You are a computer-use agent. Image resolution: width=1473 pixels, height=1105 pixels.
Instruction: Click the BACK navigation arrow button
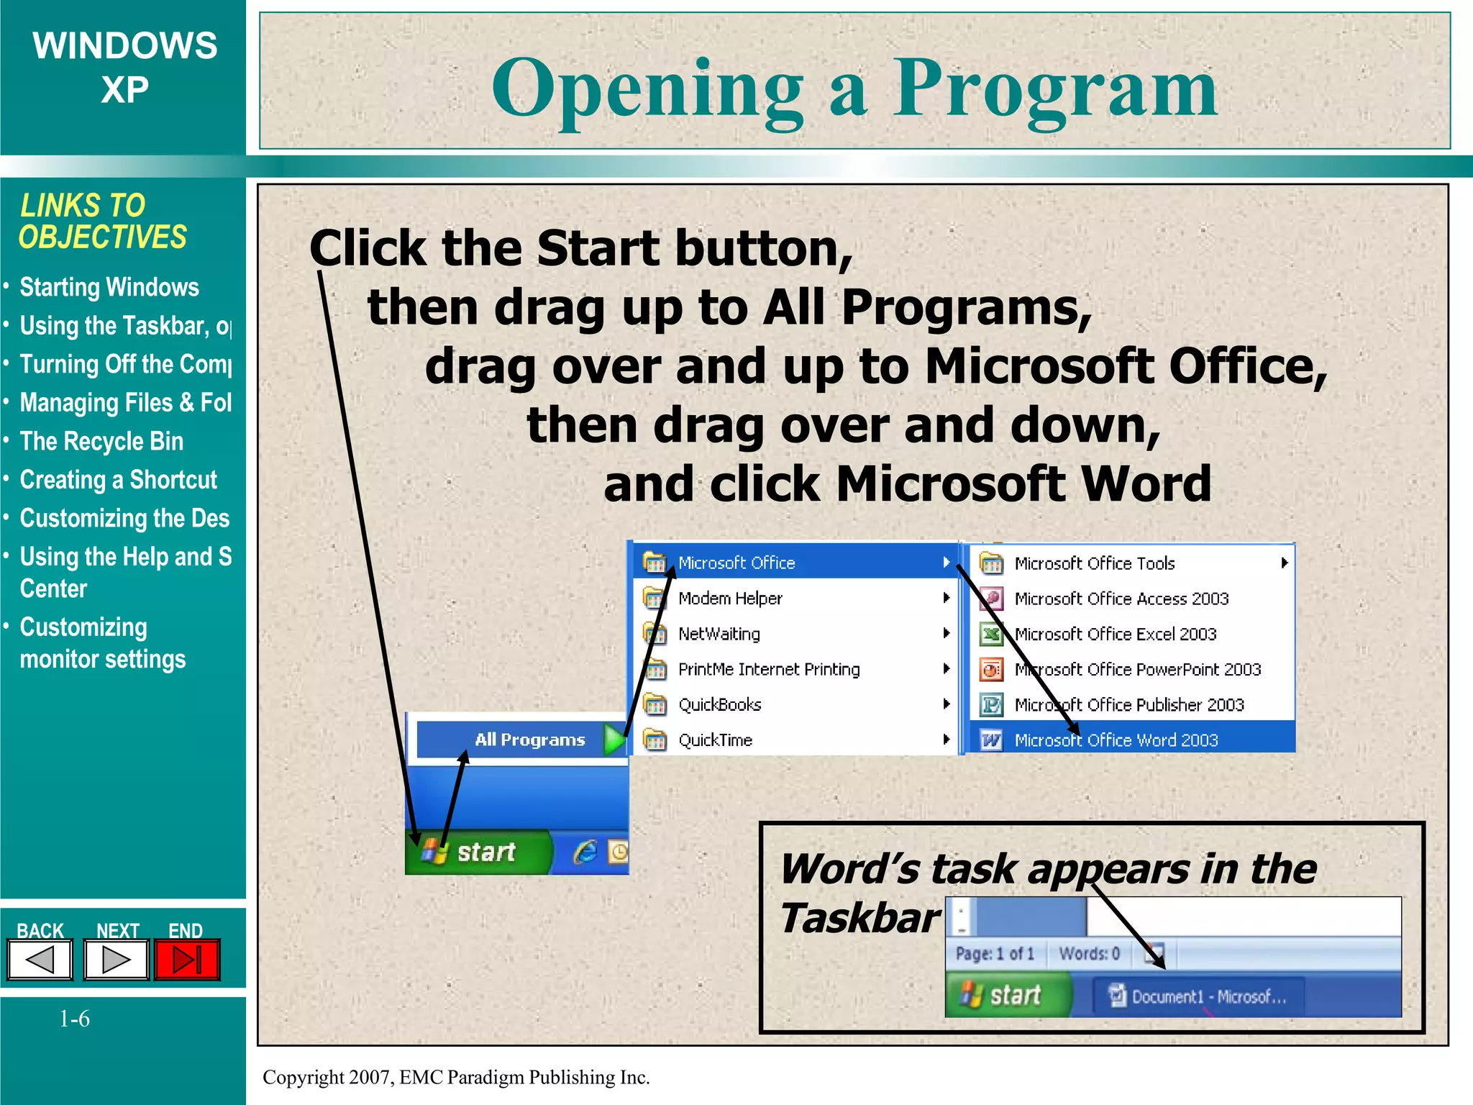coord(40,960)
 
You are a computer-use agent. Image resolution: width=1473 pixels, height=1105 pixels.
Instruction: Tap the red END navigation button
coord(186,960)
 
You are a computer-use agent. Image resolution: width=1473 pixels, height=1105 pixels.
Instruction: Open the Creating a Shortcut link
coord(118,480)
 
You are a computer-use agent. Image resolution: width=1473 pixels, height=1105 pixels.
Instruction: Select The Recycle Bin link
coord(101,441)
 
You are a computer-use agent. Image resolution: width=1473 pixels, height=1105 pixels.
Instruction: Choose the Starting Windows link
coord(109,287)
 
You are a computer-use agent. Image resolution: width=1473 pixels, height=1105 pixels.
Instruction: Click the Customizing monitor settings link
coord(102,643)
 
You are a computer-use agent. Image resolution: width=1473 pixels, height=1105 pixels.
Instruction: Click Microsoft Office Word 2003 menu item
coord(1116,740)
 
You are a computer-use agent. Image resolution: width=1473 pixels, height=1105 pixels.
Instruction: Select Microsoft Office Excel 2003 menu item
coord(1115,634)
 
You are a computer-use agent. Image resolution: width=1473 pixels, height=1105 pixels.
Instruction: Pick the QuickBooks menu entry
coord(719,704)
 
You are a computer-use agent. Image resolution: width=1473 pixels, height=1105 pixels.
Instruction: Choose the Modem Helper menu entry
coord(729,598)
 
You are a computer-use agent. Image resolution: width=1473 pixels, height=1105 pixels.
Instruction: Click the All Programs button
coord(529,740)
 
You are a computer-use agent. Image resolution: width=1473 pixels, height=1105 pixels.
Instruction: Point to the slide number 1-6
coord(74,1019)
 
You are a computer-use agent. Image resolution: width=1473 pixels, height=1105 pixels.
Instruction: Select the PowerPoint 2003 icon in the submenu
coord(992,670)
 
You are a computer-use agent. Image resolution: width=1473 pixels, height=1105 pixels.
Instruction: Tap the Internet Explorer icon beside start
coord(585,852)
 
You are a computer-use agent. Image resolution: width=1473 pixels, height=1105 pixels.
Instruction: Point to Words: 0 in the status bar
coord(1089,954)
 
